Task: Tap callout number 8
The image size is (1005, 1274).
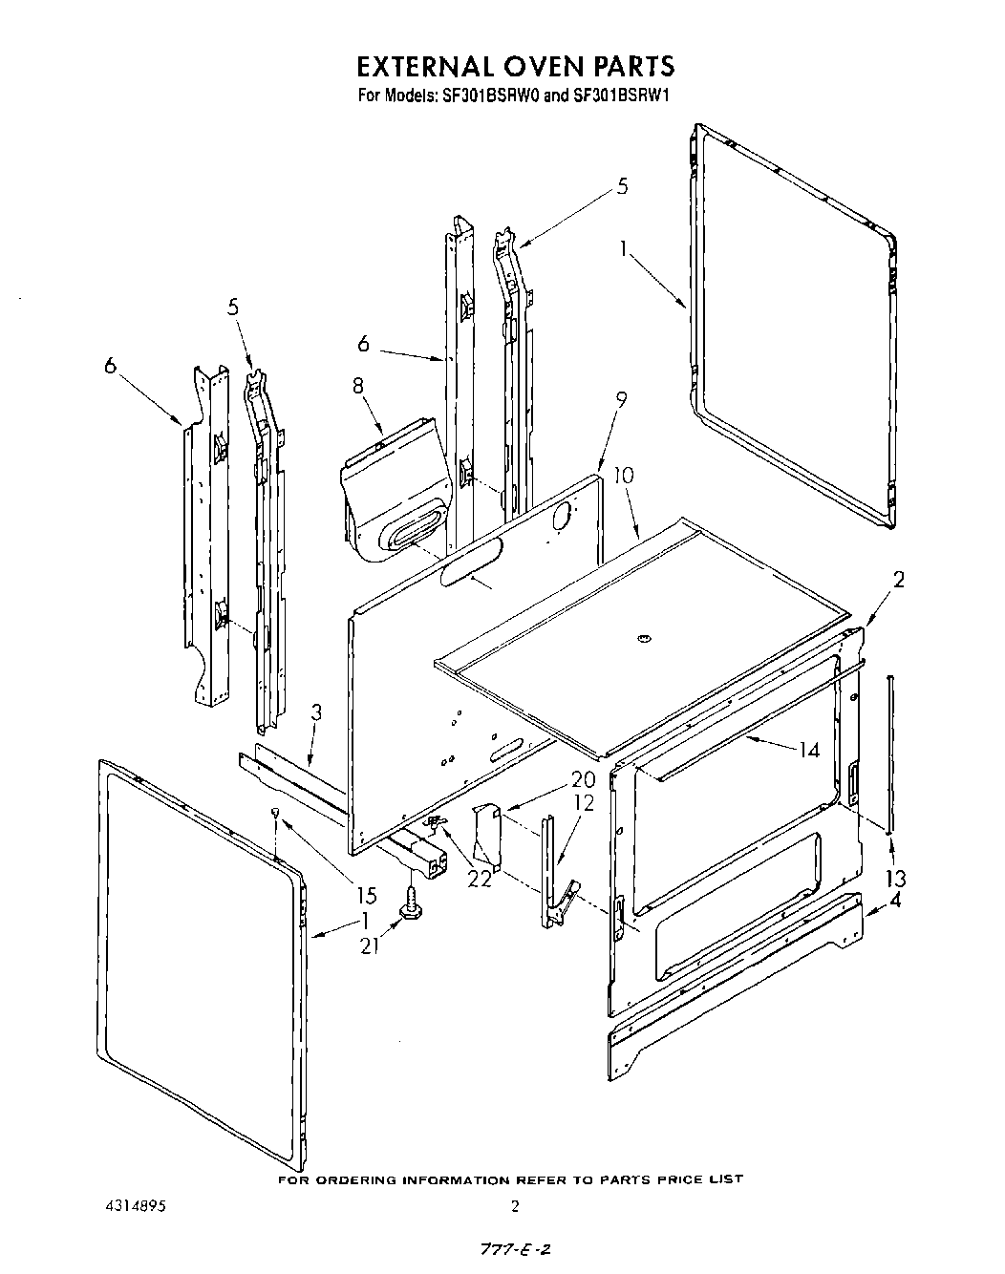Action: pos(358,386)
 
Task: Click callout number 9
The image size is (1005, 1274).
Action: pos(621,401)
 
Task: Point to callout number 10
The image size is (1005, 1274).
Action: pos(623,475)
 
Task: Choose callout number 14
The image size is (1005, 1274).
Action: pos(809,750)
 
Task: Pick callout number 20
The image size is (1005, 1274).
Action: pos(583,778)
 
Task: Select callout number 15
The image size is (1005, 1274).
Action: pos(367,896)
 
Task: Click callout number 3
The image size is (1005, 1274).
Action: pos(316,711)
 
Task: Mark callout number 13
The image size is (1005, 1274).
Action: pos(895,879)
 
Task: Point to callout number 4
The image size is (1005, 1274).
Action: pos(895,901)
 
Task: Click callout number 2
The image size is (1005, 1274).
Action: pos(898,578)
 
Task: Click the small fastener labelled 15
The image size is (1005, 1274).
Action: pos(275,813)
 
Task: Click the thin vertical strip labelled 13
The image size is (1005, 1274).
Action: pos(890,754)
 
